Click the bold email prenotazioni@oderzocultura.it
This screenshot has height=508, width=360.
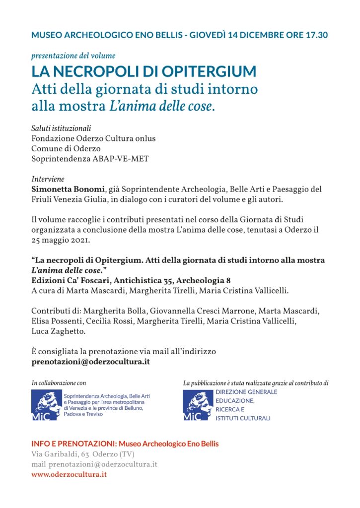click(x=90, y=362)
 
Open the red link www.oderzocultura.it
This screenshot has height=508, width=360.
click(x=69, y=474)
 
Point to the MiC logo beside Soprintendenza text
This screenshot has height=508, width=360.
click(x=46, y=405)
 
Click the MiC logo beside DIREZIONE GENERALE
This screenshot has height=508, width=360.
click(x=198, y=405)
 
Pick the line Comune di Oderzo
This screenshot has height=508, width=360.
click(x=66, y=148)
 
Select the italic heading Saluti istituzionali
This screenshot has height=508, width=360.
click(x=61, y=128)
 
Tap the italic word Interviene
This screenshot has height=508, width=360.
click(x=48, y=179)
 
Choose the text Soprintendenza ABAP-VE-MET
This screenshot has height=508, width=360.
click(x=90, y=159)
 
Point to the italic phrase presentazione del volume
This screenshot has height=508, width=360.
click(x=73, y=56)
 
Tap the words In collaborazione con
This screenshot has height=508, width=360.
click(x=59, y=383)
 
